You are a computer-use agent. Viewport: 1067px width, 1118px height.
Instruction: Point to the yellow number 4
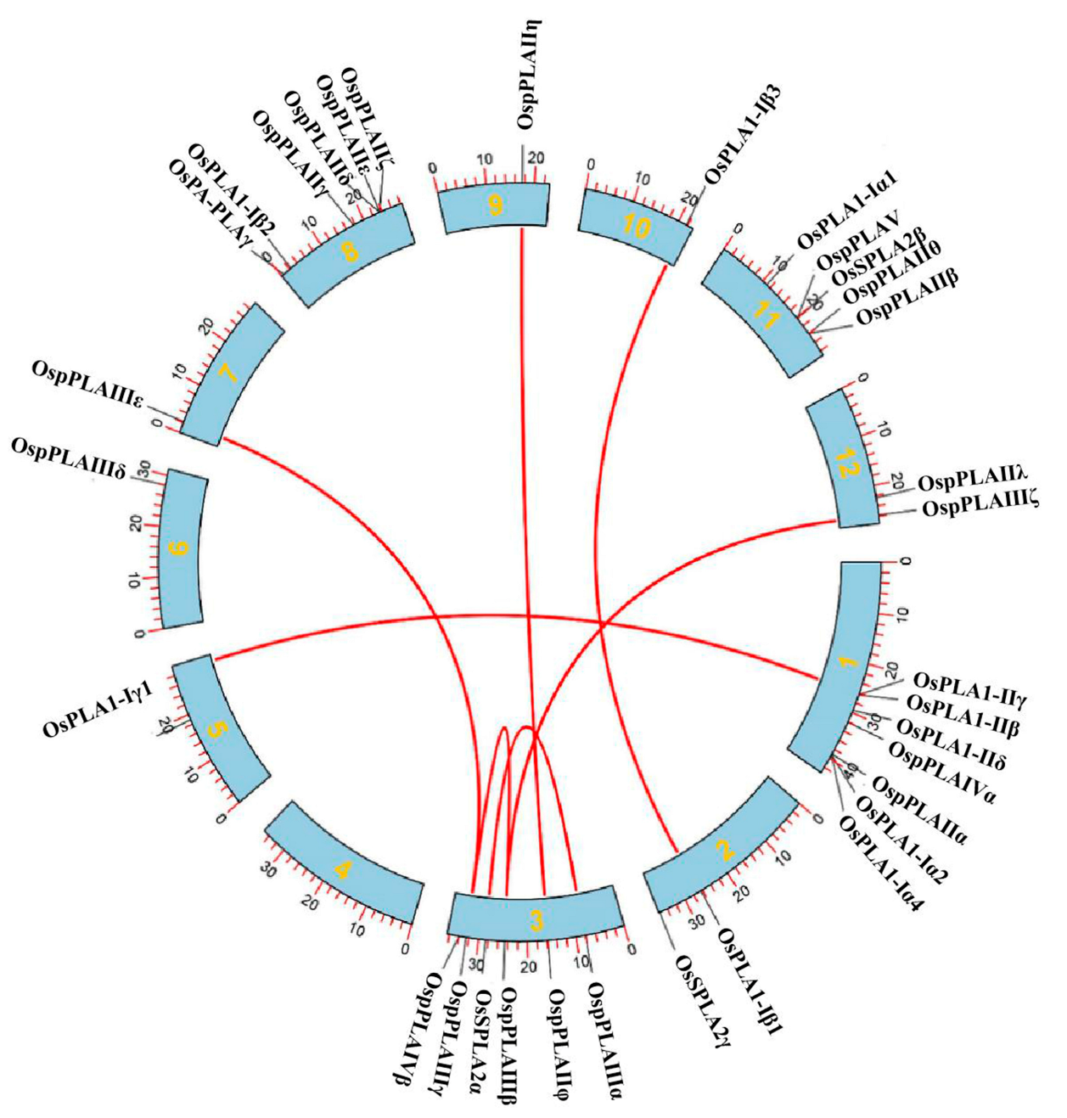click(x=342, y=869)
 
